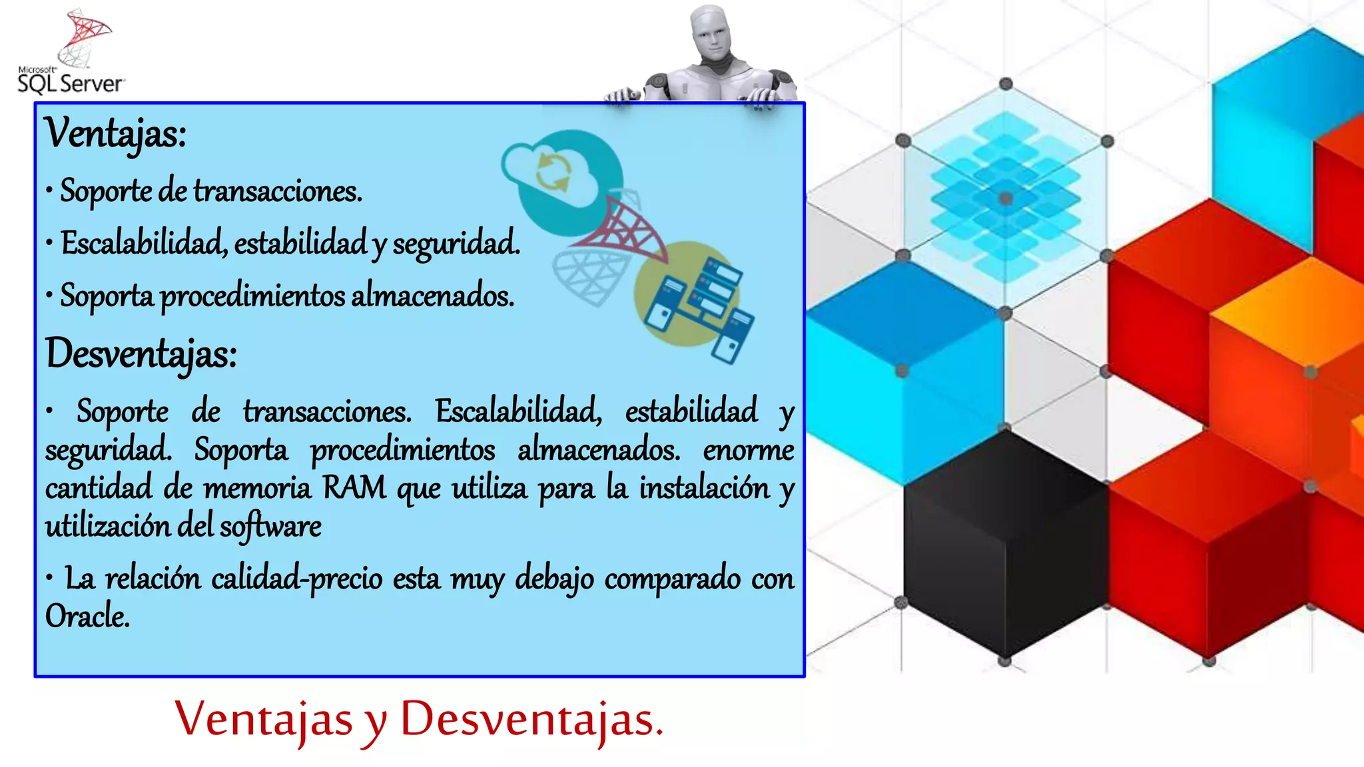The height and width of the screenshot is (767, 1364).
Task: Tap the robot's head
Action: pyautogui.click(x=711, y=33)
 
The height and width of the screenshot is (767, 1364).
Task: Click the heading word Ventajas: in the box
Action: pyautogui.click(x=115, y=133)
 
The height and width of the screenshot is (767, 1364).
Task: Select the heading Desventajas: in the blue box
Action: pyautogui.click(x=141, y=354)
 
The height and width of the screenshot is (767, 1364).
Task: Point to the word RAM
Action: pyautogui.click(x=354, y=487)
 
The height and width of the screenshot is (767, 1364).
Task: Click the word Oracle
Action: pyautogui.click(x=87, y=616)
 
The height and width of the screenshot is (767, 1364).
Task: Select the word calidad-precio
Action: pyautogui.click(x=297, y=578)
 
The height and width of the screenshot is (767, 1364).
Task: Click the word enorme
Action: pyautogui.click(x=749, y=450)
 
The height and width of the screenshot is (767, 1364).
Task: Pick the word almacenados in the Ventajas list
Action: pyautogui.click(x=432, y=296)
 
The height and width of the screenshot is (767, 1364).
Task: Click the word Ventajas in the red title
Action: pyautogui.click(x=264, y=720)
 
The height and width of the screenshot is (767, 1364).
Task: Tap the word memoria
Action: pyautogui.click(x=257, y=488)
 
